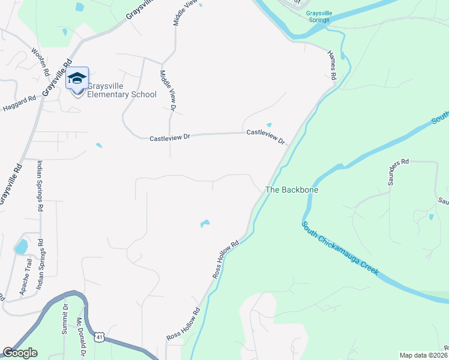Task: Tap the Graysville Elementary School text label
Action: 122,90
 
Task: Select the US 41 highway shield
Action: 100,338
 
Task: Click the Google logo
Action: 20,353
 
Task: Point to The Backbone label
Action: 292,190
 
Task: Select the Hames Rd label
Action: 331,64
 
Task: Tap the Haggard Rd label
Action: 20,103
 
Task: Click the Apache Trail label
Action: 25,275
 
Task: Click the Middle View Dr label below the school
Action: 166,90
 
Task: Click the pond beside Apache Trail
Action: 21,247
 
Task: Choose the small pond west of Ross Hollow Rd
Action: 205,224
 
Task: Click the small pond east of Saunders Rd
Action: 430,217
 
